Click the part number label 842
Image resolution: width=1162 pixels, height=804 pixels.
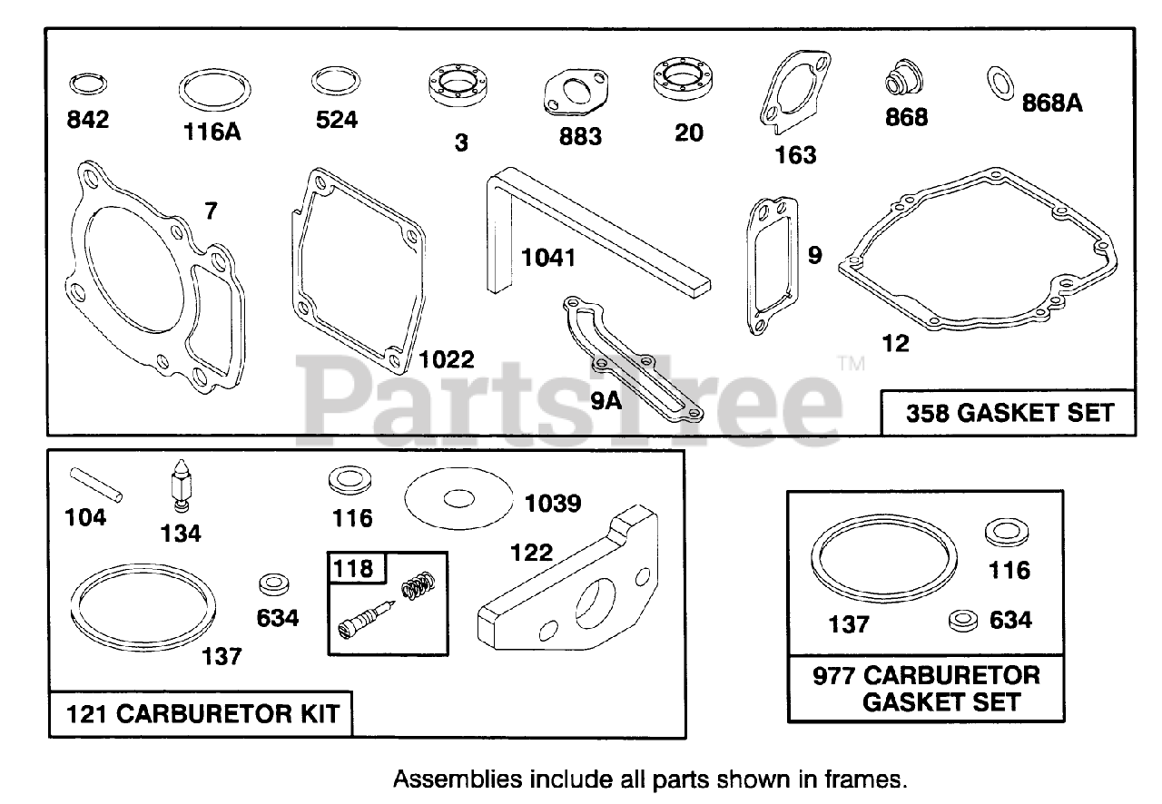tap(88, 120)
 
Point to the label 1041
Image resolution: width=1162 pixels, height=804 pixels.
tap(547, 258)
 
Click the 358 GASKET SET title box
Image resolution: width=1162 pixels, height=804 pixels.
tap(1009, 413)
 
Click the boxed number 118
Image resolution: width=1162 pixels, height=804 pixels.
tap(354, 568)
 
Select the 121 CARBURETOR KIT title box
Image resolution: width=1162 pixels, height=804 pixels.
tap(202, 713)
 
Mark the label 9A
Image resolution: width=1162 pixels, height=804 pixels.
tap(606, 399)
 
